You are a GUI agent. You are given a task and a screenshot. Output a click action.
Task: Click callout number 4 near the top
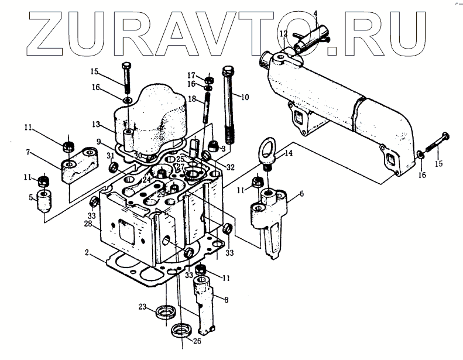pyautogui.click(x=315, y=13)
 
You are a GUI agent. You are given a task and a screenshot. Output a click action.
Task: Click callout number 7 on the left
pyautogui.click(x=28, y=153)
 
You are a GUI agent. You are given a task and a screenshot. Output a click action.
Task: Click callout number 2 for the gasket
pyautogui.click(x=86, y=253)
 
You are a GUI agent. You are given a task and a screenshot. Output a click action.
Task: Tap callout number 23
pyautogui.click(x=142, y=307)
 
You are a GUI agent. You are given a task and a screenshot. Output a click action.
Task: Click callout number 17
pyautogui.click(x=191, y=76)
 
